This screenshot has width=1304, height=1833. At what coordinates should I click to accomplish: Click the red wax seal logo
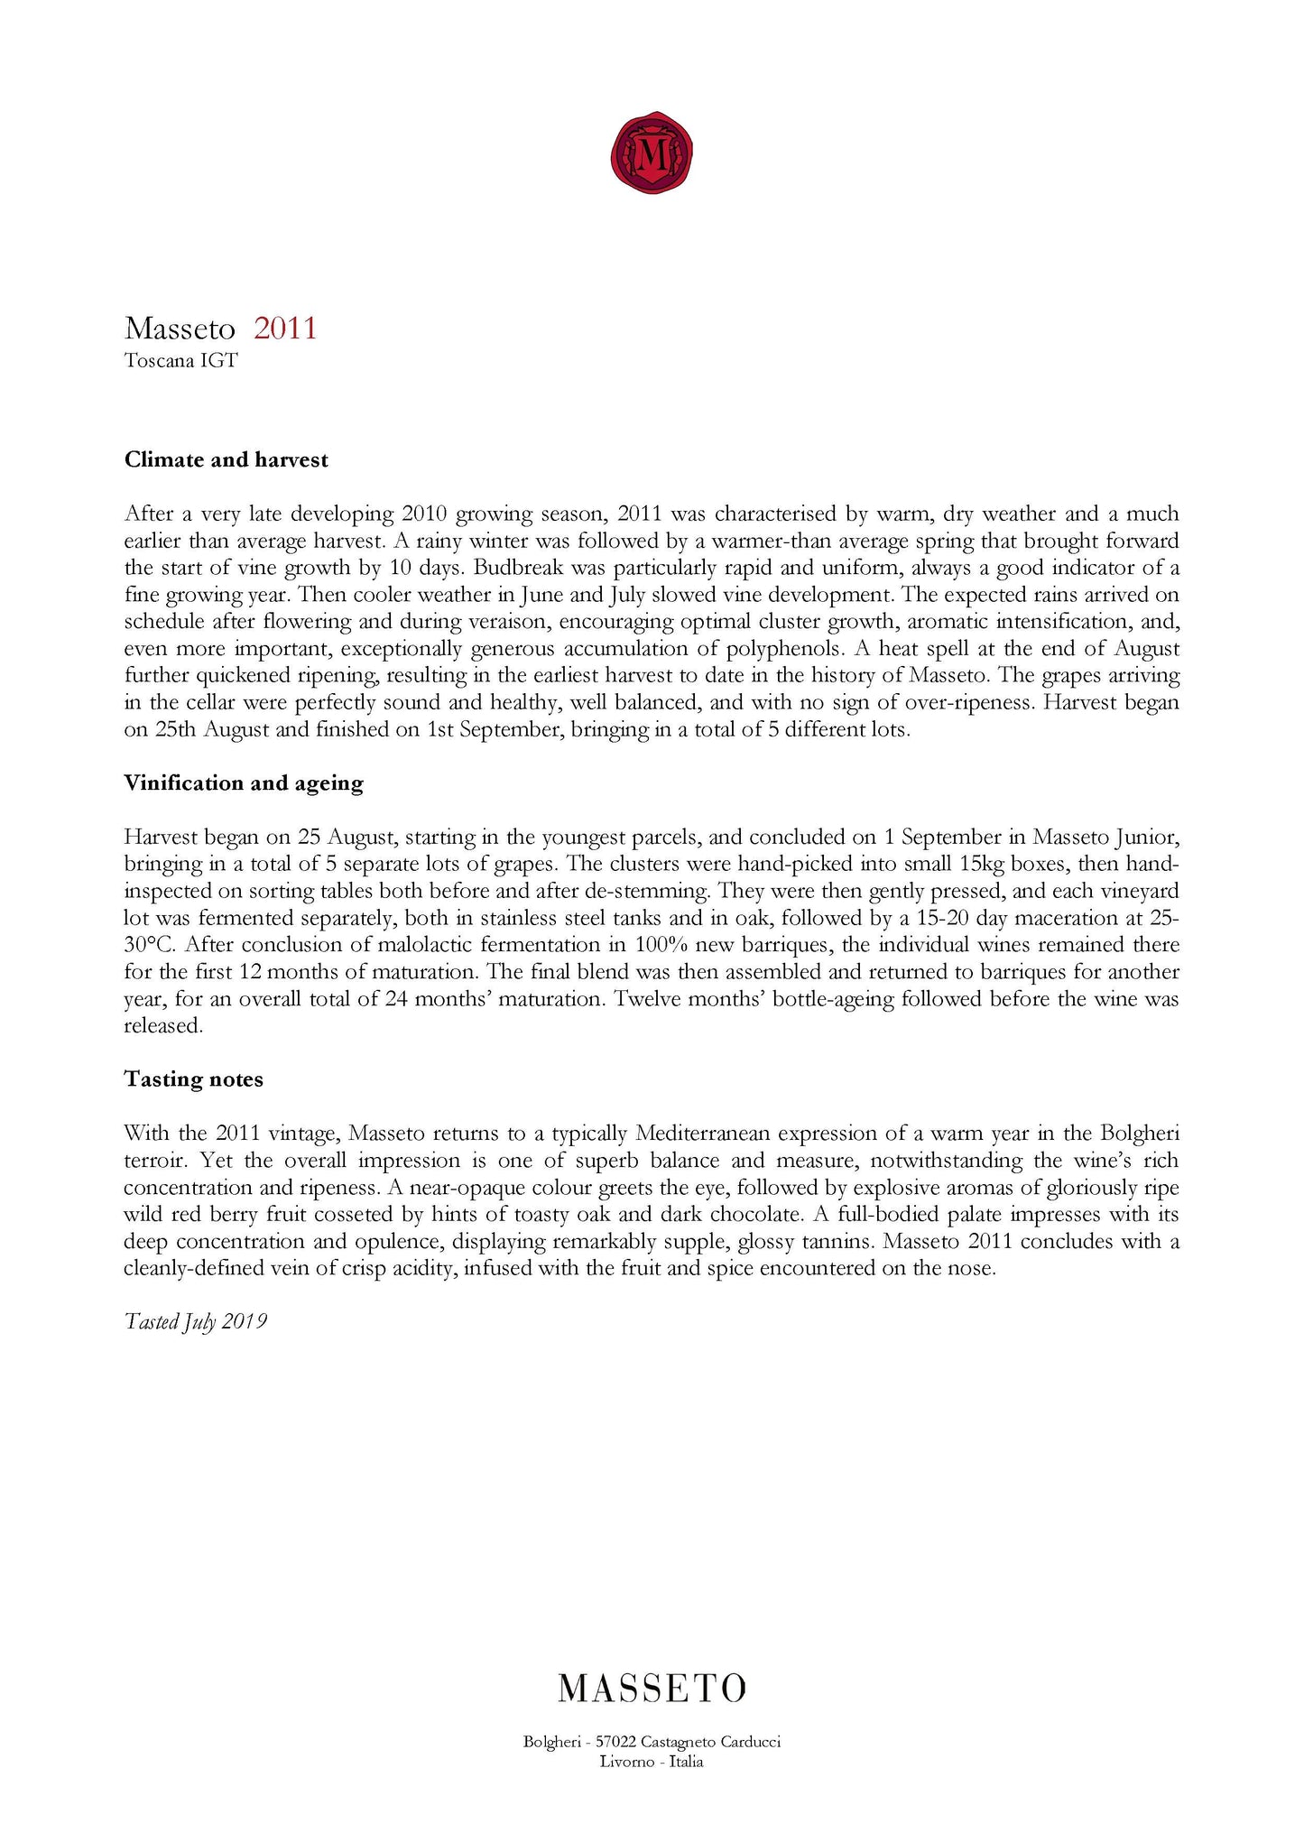click(652, 153)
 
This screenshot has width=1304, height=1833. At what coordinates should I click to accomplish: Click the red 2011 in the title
click(285, 328)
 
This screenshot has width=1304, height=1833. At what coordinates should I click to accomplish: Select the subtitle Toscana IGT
click(180, 361)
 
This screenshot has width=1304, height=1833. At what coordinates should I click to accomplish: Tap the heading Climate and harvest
click(226, 460)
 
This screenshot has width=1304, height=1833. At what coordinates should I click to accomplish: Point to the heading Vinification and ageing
click(244, 783)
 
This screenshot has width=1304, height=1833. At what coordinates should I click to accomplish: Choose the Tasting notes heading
click(193, 1080)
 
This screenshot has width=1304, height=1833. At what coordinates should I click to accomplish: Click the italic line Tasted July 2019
click(195, 1322)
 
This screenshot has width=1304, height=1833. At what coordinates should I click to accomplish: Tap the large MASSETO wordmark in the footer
click(652, 1688)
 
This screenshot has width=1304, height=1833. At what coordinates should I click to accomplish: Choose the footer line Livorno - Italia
click(652, 1762)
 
